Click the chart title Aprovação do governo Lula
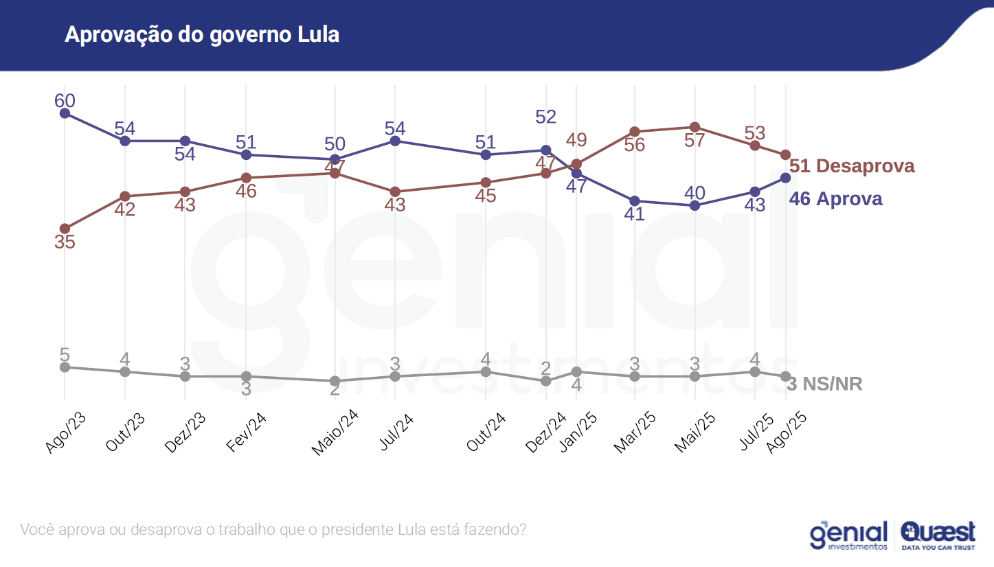pos(202,34)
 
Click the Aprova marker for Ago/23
pos(65,113)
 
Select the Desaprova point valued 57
pos(694,127)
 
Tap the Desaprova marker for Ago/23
pos(65,228)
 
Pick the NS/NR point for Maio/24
pos(335,381)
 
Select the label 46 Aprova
pos(835,199)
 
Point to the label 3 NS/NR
pos(824,384)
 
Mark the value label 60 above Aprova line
pos(65,100)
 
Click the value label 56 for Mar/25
pos(634,146)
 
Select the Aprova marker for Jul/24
pos(395,141)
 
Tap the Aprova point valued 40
pos(694,205)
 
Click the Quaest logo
pos(938,535)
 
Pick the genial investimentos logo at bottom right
pos(849,535)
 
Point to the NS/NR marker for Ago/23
pos(65,367)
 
